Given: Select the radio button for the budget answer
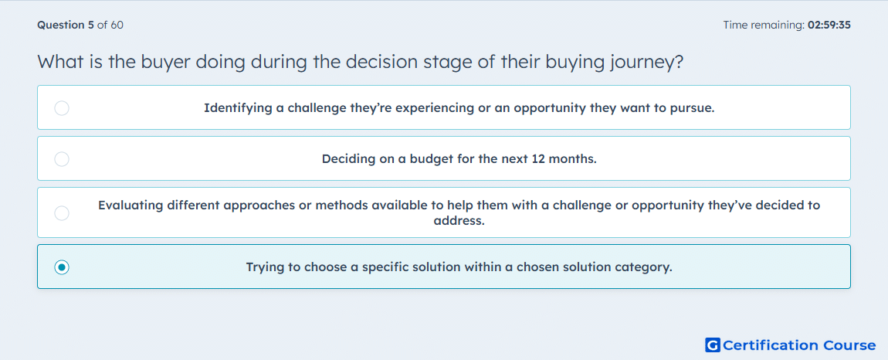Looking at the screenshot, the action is [x=62, y=159].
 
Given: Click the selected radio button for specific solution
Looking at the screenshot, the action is [x=62, y=267].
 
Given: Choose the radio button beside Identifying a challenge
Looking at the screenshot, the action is [x=62, y=108].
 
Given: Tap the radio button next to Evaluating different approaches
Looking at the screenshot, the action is [x=62, y=213].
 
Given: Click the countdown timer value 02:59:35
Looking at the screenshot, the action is [x=829, y=25].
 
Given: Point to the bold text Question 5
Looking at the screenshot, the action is [x=66, y=25].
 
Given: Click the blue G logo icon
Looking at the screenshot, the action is [x=713, y=345].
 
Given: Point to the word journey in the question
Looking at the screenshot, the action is [x=646, y=62].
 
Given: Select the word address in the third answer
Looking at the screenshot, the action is [x=459, y=221].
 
